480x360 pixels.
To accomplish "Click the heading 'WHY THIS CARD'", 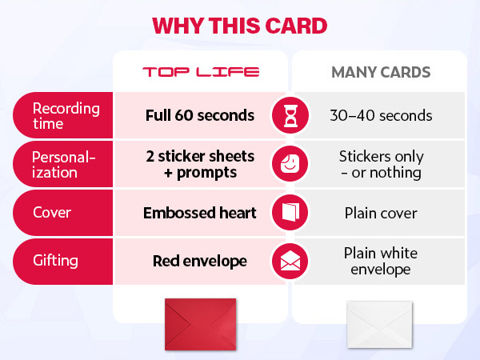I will pyautogui.click(x=240, y=25).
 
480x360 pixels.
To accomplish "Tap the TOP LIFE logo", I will pyautogui.click(x=200, y=72).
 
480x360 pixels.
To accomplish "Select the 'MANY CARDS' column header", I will pyautogui.click(x=381, y=72).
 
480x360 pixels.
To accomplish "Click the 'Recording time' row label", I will pyautogui.click(x=66, y=115).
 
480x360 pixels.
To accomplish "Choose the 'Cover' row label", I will pyautogui.click(x=51, y=213).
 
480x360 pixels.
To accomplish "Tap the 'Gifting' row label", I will pyautogui.click(x=54, y=262).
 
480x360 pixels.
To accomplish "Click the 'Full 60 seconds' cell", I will pyautogui.click(x=200, y=115).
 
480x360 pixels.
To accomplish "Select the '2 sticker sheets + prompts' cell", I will pyautogui.click(x=200, y=164).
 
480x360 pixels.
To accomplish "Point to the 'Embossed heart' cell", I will pyautogui.click(x=200, y=213).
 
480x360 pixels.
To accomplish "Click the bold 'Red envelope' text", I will pyautogui.click(x=200, y=262).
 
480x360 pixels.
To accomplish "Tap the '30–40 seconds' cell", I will pyautogui.click(x=381, y=115).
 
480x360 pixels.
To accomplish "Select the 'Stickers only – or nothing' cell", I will pyautogui.click(x=381, y=164).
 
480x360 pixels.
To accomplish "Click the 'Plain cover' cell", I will pyautogui.click(x=381, y=213).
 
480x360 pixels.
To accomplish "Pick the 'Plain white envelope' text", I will pyautogui.click(x=381, y=262).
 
